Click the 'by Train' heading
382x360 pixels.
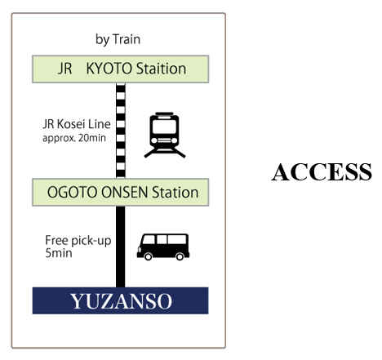click(x=118, y=40)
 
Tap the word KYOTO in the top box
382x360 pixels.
click(x=109, y=69)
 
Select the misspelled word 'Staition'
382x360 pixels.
click(x=161, y=69)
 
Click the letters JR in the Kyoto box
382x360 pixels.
click(x=65, y=69)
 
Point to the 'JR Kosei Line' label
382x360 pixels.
click(x=77, y=124)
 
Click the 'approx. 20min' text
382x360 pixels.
click(x=74, y=138)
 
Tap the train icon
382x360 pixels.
click(x=165, y=135)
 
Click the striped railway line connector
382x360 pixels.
click(x=121, y=131)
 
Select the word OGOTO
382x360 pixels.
click(x=73, y=193)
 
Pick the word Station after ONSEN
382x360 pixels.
click(x=175, y=193)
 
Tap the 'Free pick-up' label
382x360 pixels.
click(x=78, y=241)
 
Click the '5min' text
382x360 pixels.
click(x=59, y=253)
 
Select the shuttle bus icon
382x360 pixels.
click(x=163, y=247)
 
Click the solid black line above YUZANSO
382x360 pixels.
click(x=121, y=247)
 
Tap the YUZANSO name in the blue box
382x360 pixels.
click(x=121, y=301)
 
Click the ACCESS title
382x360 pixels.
click(x=322, y=172)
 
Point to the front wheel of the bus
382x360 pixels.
click(x=148, y=256)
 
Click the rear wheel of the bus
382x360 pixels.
click(x=180, y=256)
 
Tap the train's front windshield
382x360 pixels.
click(x=164, y=127)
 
